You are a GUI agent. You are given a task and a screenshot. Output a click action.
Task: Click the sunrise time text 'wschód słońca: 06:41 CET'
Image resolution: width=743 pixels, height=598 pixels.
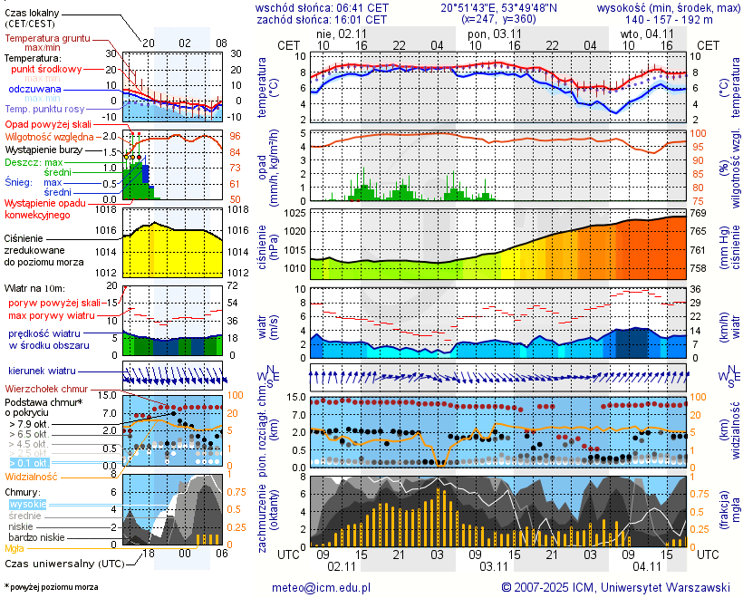point(323,7)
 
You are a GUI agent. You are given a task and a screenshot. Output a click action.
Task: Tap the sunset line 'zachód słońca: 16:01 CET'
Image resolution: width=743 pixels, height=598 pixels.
point(322,19)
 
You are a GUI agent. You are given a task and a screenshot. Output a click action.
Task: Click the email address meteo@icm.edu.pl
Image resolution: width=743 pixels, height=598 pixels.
point(322,587)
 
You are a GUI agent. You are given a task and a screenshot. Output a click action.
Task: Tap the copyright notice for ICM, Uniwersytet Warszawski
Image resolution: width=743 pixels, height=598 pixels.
point(615,587)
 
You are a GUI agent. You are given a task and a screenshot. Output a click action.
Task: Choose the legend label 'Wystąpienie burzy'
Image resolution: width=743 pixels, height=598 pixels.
point(46,148)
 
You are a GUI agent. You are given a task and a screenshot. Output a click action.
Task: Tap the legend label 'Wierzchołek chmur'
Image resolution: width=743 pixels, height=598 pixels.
point(45,389)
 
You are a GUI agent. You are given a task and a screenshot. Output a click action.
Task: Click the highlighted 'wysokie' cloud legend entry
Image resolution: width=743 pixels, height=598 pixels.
point(26,504)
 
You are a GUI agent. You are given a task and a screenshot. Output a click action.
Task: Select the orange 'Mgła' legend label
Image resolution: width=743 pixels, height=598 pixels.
point(14,548)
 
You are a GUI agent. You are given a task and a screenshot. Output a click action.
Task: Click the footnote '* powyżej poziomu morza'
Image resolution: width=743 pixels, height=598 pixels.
point(51,587)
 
